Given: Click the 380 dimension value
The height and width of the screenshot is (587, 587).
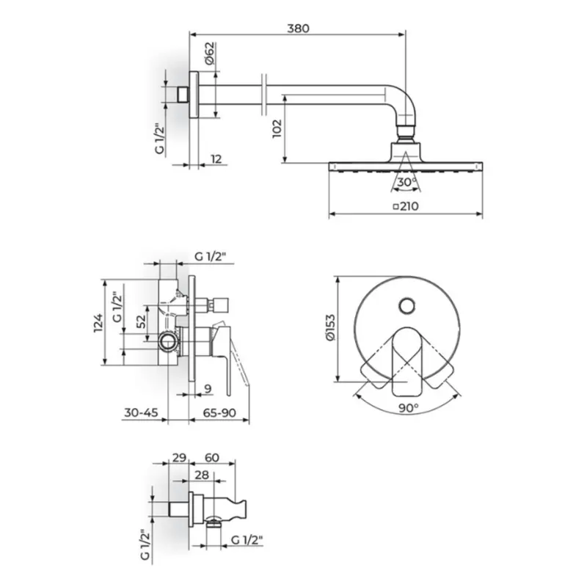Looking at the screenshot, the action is pos(298,29).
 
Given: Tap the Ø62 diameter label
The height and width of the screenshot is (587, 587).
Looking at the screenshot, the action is pos(210,53).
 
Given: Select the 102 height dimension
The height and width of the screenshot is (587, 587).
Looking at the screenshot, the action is pos(277,128).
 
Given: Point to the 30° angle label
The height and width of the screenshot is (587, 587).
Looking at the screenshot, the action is pos(407,182).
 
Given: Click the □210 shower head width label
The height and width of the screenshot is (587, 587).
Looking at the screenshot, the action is pos(406,206).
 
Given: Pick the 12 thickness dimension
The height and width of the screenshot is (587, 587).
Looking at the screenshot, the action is pos(216,159).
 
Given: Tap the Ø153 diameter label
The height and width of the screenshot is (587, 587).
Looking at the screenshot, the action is pos(331,327).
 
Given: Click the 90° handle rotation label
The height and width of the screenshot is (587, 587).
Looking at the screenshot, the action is pos(408,408).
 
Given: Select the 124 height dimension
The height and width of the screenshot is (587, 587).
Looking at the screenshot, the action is pos(98,323).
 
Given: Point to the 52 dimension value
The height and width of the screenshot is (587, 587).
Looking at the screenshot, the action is pos(141,321).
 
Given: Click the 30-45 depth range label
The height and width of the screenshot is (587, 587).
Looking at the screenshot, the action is pos(141,412).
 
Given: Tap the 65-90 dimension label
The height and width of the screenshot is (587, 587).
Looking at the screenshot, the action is pos(219,412).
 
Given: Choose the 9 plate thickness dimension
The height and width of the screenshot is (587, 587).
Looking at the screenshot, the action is pos(208,389).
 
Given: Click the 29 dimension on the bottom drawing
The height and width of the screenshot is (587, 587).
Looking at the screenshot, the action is pos(179,457).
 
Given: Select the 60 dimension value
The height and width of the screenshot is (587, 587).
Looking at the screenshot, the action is pos(212,457).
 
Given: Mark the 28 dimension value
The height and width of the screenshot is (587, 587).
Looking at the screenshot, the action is pos(202,475).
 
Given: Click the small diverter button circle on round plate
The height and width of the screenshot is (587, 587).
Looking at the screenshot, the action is pos(407,306).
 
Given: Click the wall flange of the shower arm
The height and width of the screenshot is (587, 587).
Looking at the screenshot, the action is pos(194,95).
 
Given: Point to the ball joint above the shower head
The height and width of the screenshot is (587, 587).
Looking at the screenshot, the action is pos(406,134).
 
